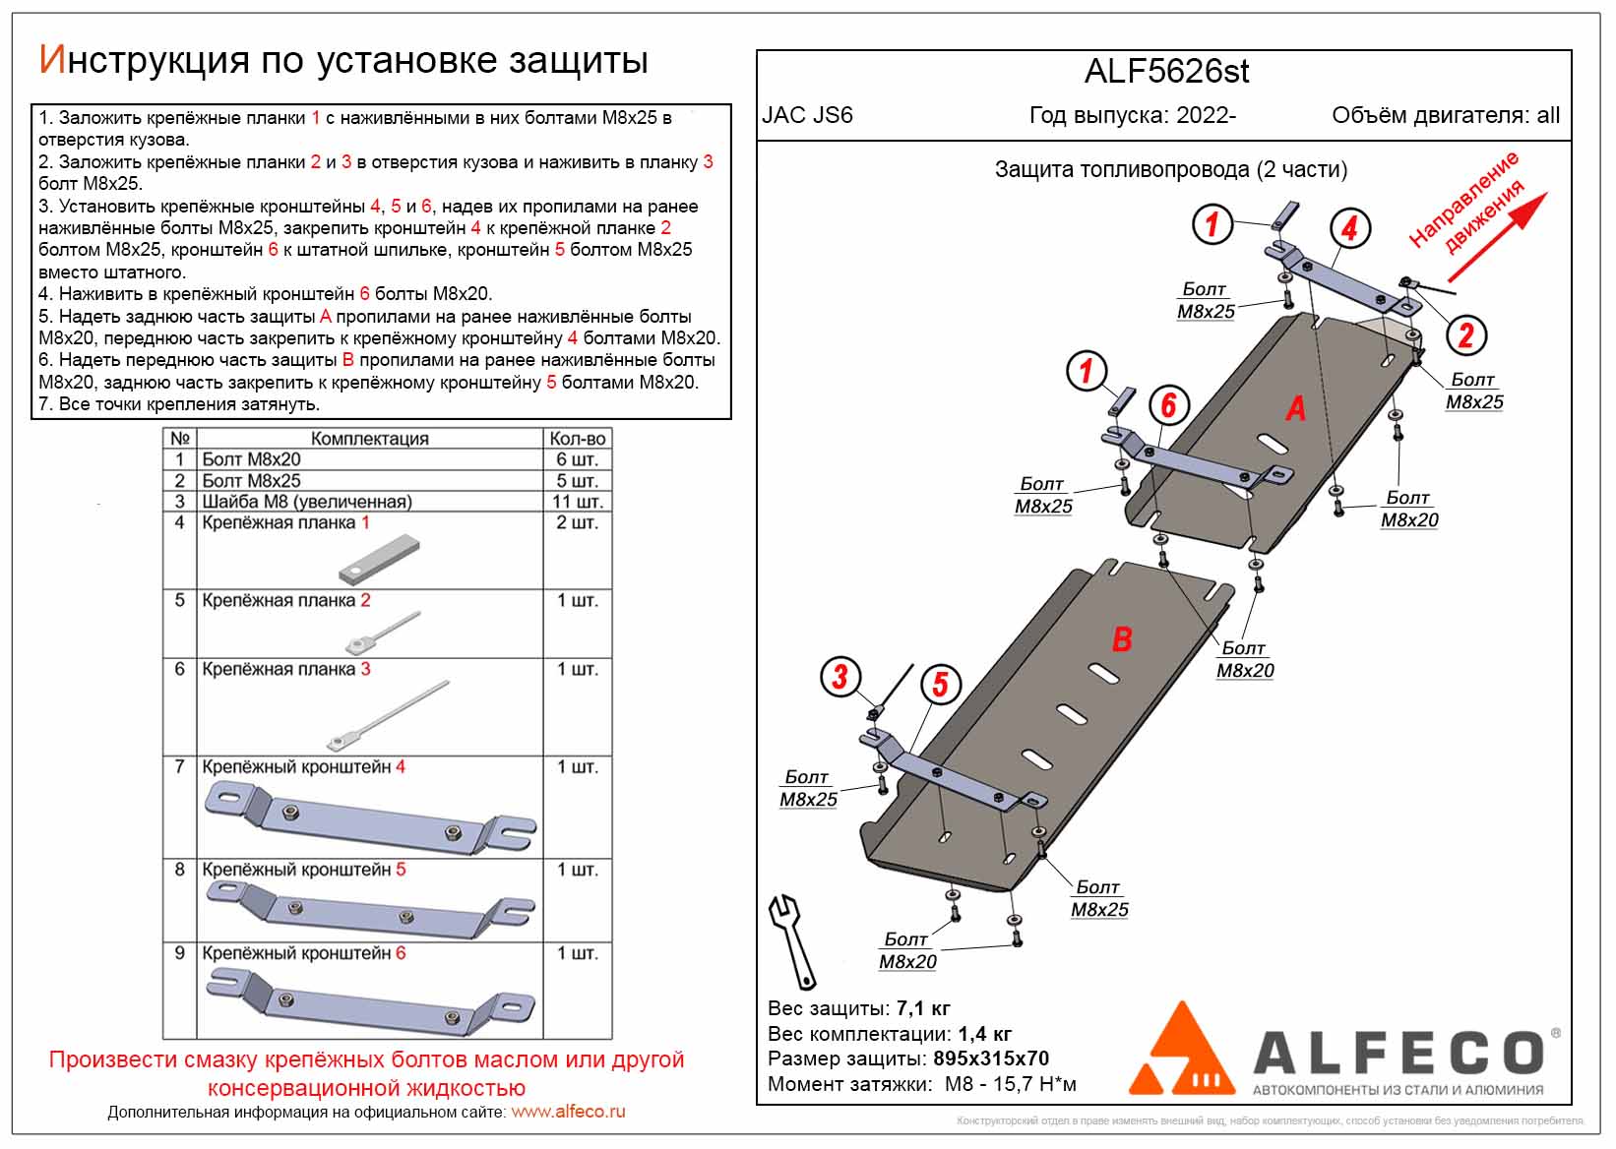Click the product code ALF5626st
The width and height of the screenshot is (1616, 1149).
point(1166,72)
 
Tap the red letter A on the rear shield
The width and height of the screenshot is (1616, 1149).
point(1295,407)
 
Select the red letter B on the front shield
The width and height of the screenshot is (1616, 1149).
point(1121,639)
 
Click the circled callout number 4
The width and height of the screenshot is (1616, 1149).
point(1349,228)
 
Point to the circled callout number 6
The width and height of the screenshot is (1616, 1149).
point(1168,404)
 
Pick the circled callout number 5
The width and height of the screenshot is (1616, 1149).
point(940,684)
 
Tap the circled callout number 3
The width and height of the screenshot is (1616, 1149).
point(839,677)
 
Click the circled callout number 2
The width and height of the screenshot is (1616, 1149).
point(1465,335)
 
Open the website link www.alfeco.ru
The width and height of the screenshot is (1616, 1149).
point(568,1113)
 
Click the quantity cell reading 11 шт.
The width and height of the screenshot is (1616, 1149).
point(577,502)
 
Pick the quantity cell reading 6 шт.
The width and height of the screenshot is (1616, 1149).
point(577,459)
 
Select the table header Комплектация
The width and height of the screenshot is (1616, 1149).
point(369,439)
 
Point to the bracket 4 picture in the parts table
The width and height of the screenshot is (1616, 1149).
point(369,818)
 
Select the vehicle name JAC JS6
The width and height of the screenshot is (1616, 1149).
point(807,115)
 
